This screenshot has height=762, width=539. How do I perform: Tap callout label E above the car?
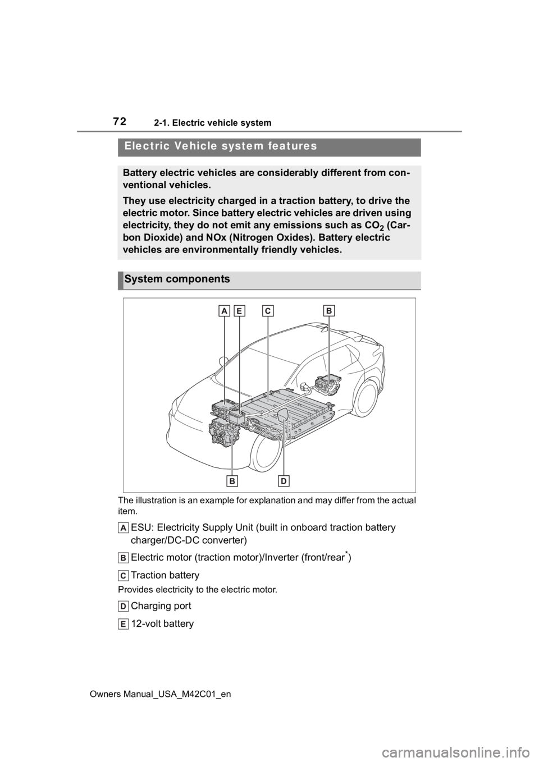coord(240,310)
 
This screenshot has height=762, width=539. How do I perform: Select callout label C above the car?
coord(268,310)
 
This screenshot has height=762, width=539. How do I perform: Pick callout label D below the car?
coord(284,481)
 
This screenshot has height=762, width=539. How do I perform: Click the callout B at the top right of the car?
coord(329,310)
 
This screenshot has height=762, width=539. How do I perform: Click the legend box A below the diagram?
coord(124,527)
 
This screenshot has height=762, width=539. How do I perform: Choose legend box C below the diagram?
coord(124,576)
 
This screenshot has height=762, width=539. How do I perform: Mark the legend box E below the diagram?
coord(124,624)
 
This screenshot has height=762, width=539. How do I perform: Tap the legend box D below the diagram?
coord(124,606)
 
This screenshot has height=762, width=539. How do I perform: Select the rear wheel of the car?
coord(367,398)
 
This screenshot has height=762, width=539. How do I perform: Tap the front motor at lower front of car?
coord(225,435)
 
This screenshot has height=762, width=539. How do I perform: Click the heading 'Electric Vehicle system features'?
coord(221,146)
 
